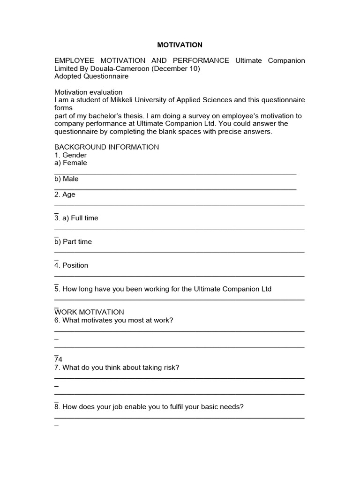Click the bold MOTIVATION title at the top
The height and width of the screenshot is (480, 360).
[180, 45]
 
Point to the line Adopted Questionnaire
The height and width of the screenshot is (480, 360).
[91, 76]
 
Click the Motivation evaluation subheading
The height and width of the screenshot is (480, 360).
[88, 92]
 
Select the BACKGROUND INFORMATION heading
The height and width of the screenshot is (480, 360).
[106, 147]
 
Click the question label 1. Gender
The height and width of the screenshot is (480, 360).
[70, 155]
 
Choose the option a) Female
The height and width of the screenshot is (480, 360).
[70, 163]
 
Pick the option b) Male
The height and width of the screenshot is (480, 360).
[67, 179]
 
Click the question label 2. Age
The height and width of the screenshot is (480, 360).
[65, 195]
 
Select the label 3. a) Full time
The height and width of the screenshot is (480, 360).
[76, 218]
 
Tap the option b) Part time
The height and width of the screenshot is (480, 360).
[73, 242]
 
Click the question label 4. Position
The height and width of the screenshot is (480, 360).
[71, 265]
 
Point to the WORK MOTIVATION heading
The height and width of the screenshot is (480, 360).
[89, 312]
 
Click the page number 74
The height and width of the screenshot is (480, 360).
[58, 360]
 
